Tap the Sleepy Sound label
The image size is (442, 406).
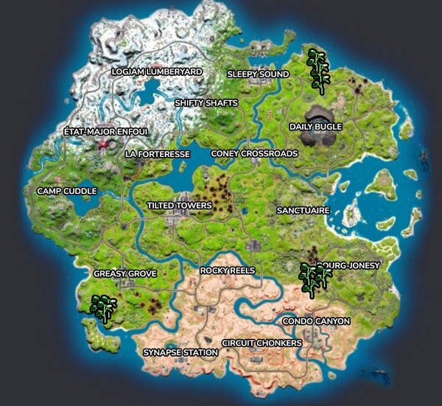[x=258, y=74]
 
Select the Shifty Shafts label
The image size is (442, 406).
[x=206, y=103]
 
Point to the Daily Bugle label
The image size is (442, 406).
[x=315, y=127]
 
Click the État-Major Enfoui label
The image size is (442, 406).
[x=106, y=132]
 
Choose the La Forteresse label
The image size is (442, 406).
[x=158, y=154]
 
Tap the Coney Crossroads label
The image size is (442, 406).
[x=254, y=154]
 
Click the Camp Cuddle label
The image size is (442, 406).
[x=67, y=192]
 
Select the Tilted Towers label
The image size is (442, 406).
[x=179, y=206]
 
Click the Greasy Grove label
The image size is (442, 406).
[x=125, y=274]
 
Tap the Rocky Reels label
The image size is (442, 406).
[x=228, y=271]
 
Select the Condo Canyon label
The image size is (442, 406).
[x=316, y=321]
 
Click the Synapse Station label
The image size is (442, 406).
[x=180, y=353]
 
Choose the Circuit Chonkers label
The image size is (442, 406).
[x=262, y=343]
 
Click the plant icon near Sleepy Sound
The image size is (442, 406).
[x=318, y=71]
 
